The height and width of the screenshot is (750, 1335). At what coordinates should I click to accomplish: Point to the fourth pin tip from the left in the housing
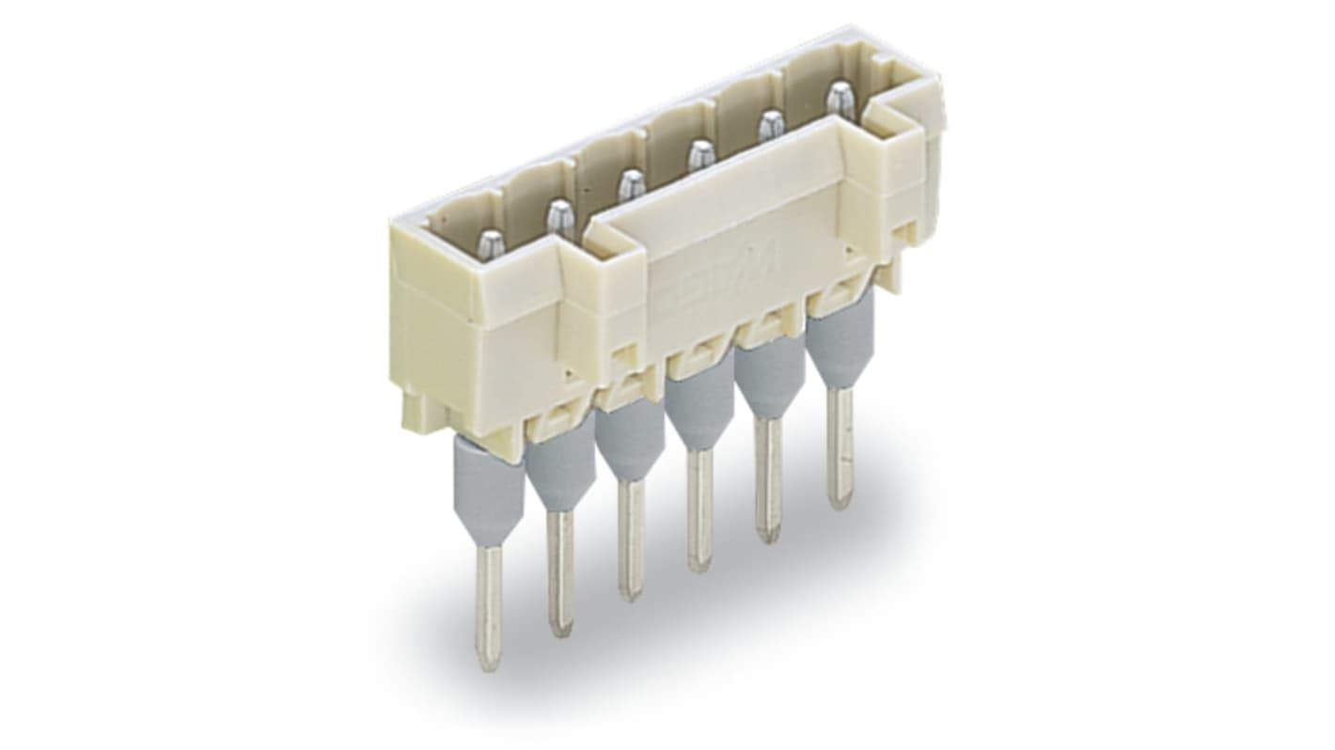[699, 155]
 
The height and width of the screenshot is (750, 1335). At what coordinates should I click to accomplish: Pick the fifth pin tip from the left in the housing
[771, 125]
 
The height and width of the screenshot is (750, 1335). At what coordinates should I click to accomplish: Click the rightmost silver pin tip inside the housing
[838, 98]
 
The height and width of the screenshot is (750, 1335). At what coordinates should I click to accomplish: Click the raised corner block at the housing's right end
[893, 150]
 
